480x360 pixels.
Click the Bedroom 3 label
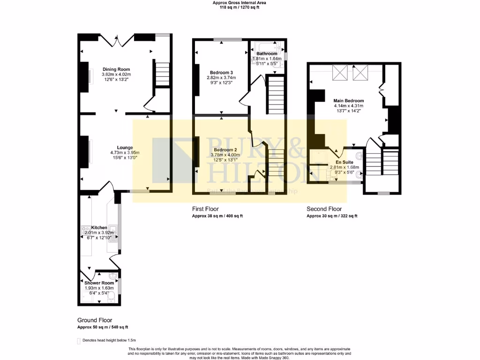point(221,73)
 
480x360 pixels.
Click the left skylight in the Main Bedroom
point(339,73)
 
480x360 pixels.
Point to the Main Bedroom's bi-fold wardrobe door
point(382,89)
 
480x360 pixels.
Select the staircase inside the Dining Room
point(162,75)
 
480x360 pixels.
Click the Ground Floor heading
point(95,320)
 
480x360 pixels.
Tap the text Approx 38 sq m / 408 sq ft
point(217,216)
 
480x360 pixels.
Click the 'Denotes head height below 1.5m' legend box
point(79,340)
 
